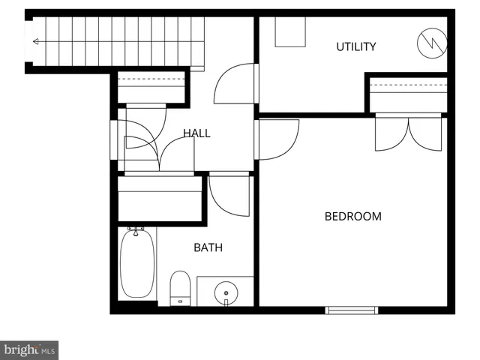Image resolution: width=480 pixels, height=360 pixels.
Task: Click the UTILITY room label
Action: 355,46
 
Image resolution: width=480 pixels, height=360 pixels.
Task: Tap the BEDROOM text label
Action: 352,217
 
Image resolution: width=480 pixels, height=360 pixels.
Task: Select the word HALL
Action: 196,133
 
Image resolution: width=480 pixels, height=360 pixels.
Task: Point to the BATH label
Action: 208,247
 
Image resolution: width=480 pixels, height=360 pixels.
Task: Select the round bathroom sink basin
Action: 225,290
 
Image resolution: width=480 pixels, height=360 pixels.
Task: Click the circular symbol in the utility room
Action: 431,43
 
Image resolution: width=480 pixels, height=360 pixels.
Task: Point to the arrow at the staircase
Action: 36,42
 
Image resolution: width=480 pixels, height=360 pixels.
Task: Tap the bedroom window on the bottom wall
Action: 352,309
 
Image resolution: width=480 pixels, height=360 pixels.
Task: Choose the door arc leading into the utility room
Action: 234,84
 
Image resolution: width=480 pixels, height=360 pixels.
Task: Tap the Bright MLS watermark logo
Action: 30,349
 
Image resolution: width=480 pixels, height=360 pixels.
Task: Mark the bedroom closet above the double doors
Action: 408,94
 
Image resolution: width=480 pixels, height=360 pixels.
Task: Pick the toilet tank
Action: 179,301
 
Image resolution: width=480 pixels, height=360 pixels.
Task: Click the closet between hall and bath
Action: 160,198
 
